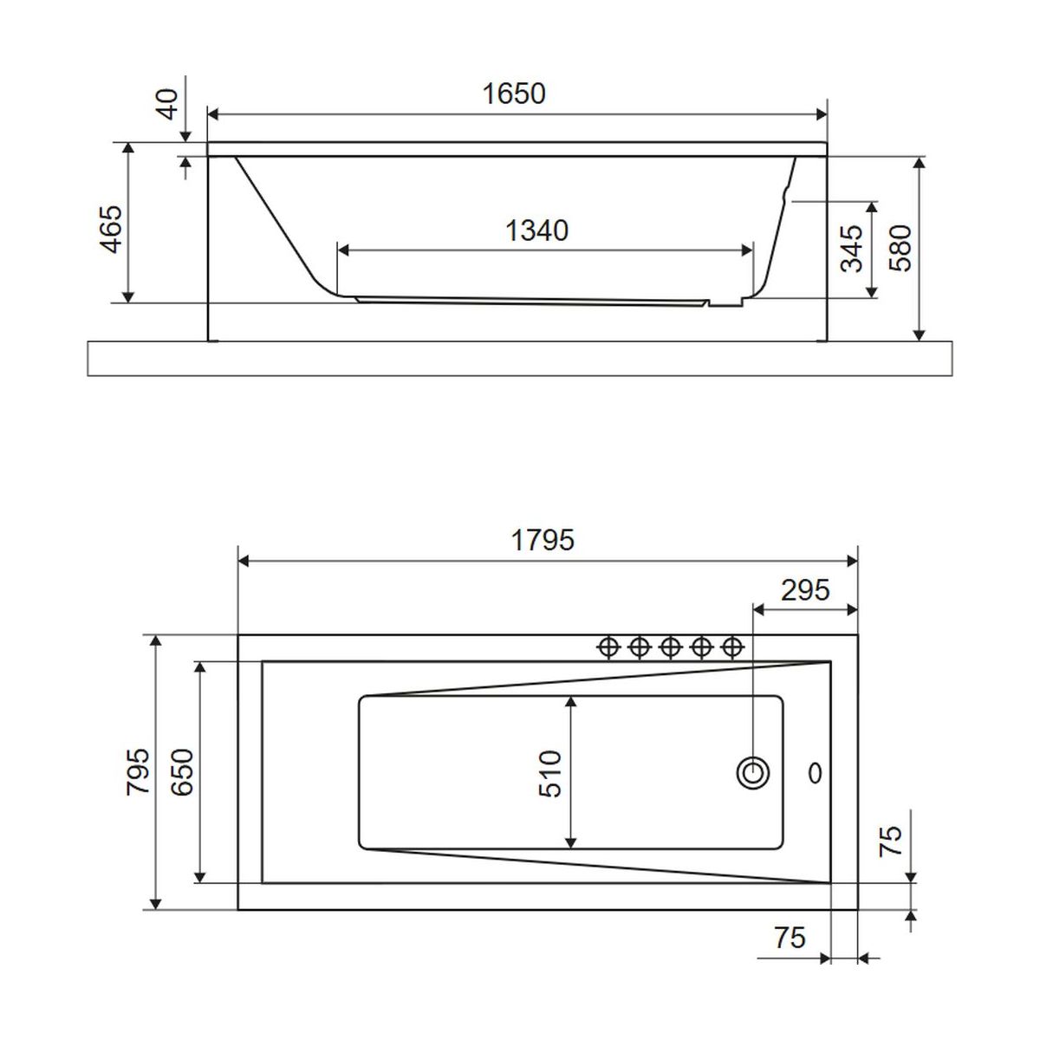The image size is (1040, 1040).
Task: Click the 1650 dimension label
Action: point(513,94)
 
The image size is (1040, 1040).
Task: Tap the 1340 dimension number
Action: point(536,231)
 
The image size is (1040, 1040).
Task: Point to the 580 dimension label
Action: point(900,248)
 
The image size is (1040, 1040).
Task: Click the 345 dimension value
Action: point(853,248)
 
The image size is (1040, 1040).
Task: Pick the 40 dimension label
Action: point(168,104)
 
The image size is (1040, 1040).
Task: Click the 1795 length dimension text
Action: point(543,540)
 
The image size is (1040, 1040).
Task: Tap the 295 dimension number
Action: point(805,590)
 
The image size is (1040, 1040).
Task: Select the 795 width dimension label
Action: point(137,771)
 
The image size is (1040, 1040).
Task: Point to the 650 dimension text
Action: point(182,772)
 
